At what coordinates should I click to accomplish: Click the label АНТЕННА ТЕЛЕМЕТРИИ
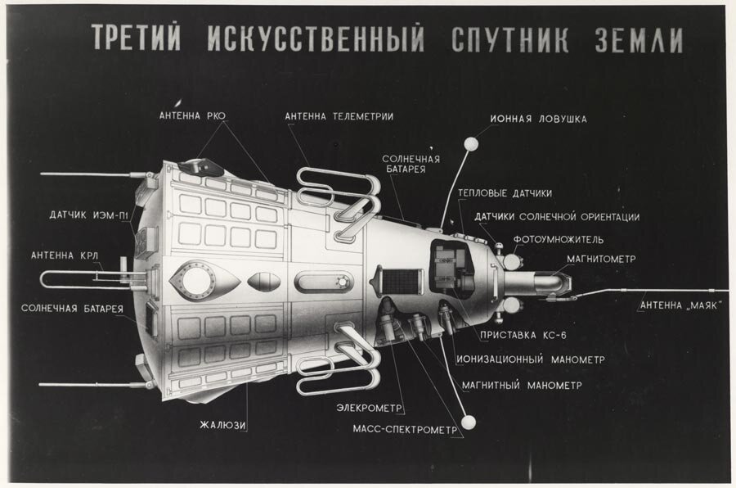[339, 116]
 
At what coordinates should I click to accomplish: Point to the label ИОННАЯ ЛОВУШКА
[538, 119]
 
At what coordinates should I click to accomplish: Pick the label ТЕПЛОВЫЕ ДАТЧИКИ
[505, 193]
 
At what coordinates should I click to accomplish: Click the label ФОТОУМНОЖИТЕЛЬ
[558, 240]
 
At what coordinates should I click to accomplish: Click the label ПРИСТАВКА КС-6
[518, 334]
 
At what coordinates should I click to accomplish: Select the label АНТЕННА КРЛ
[65, 255]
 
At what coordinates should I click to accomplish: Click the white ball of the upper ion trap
[471, 144]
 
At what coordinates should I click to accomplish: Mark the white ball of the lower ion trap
[469, 422]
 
